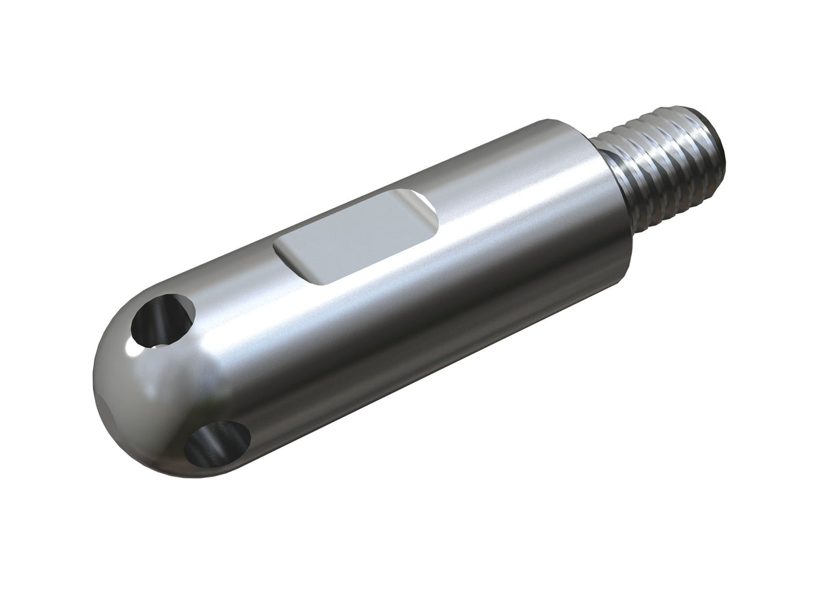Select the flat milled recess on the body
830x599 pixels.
pyautogui.click(x=356, y=236)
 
